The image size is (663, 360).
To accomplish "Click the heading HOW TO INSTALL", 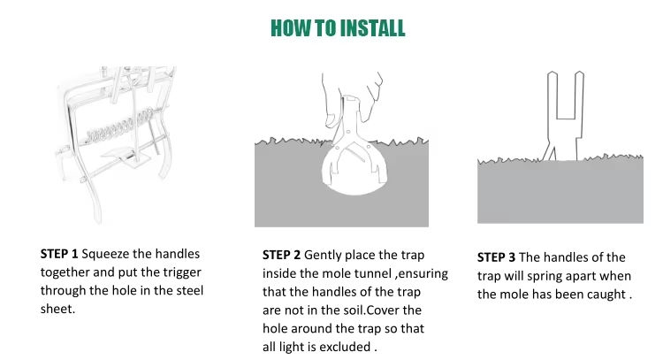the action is [338, 28].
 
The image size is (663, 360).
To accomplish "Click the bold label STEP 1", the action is [59, 254].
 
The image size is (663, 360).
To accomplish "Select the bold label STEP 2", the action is [281, 255].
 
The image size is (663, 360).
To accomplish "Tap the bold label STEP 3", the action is [497, 257].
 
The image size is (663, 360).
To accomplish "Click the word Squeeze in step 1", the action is [105, 255].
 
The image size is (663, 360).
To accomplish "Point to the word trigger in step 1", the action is [179, 272].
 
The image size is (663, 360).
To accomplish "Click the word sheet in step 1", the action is [57, 309].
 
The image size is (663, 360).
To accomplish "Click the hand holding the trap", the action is [353, 99].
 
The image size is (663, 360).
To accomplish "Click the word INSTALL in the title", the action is [372, 28].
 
